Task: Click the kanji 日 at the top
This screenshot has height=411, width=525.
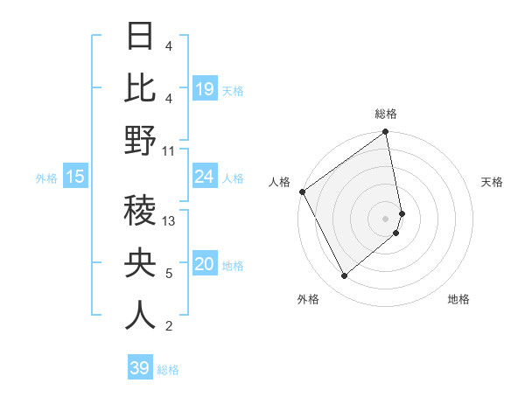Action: pos(140,37)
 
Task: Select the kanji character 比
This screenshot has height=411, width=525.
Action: pos(140,87)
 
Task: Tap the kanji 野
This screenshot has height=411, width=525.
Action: pos(140,141)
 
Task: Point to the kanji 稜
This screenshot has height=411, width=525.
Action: pos(140,211)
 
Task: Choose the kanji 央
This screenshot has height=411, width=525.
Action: pos(140,263)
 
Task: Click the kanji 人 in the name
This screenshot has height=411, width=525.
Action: pos(140,316)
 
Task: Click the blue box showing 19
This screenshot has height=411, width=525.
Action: pos(205,89)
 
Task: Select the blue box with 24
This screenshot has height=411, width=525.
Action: pos(205,177)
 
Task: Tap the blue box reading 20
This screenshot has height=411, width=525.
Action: pos(205,265)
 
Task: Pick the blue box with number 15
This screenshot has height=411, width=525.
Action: pos(75,178)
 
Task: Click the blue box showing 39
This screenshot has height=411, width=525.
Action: pos(140,368)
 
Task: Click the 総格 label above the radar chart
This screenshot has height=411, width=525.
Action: pos(386,114)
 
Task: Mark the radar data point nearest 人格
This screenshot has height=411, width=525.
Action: pos(302,192)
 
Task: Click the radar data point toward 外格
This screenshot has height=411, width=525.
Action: pos(345,276)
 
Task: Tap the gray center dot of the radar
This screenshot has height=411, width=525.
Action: pos(386,218)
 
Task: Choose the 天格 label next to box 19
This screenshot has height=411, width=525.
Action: pos(233,90)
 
